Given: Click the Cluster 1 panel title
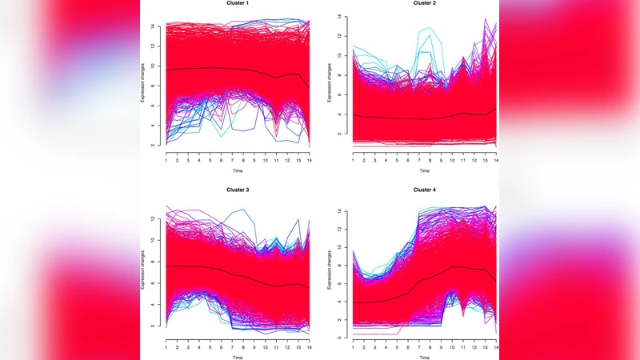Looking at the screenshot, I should tap(237, 3).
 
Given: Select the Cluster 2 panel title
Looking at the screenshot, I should tap(424, 3).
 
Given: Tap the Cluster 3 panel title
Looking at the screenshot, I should tap(237, 190).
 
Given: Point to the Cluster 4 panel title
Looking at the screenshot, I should tap(424, 190).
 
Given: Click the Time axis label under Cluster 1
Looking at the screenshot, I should tap(237, 170).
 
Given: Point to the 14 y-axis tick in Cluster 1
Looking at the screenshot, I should tap(156, 26).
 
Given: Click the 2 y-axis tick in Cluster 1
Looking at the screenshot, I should tap(157, 145).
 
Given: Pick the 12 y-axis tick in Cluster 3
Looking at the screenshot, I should tap(156, 218).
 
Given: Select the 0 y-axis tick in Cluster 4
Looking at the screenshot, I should tap(342, 338).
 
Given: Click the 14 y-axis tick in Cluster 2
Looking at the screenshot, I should tap(342, 17).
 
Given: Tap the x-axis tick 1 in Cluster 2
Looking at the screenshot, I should tap(353, 161).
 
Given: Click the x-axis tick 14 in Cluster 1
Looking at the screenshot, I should tap(309, 161).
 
